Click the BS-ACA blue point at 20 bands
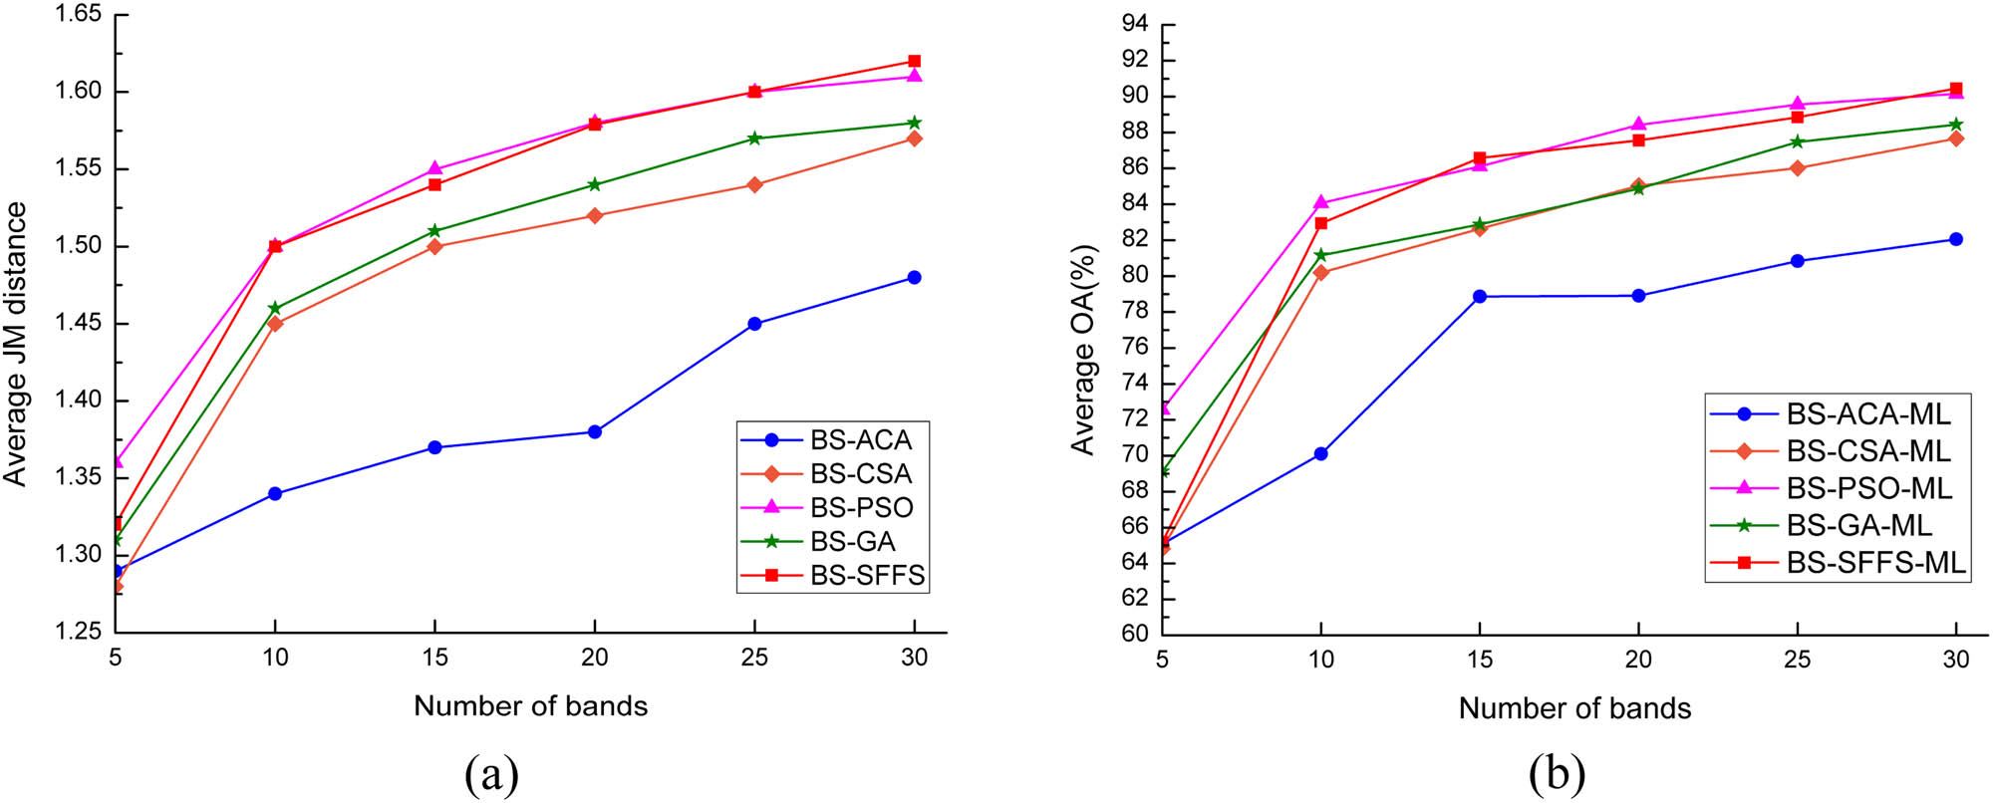click(595, 431)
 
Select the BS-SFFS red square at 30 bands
click(914, 61)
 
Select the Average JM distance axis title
click(15, 344)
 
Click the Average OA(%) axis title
click(1083, 349)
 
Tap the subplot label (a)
click(491, 773)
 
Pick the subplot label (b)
click(1557, 773)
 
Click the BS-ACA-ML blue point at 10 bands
click(1320, 453)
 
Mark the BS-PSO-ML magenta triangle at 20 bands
click(1638, 125)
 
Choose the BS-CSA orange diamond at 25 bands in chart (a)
click(754, 184)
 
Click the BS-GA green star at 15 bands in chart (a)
click(434, 230)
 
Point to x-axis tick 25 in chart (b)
click(1797, 659)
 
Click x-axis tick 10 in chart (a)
click(275, 657)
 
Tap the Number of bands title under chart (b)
click(1574, 708)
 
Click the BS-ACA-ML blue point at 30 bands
click(1955, 239)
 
